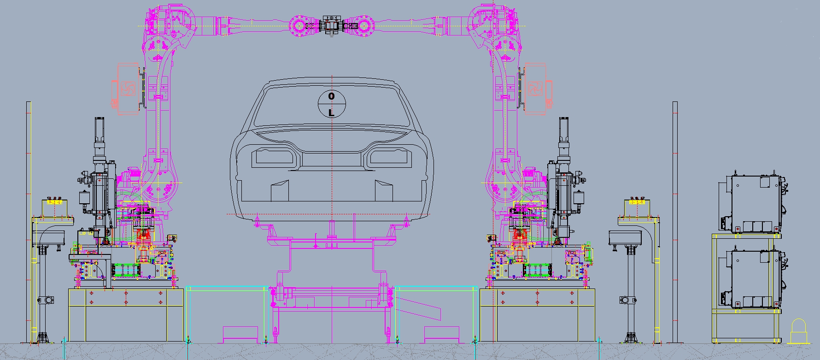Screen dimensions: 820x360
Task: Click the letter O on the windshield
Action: pos(331,96)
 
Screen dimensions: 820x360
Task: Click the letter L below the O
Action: pos(331,113)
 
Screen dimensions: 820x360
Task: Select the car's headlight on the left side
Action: pos(274,158)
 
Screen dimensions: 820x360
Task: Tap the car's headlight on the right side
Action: pos(389,158)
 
